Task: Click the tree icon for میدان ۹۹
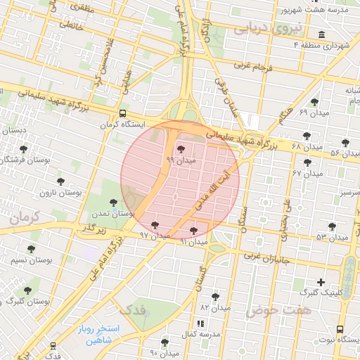tap(181, 149)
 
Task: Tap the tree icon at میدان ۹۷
tap(155, 226)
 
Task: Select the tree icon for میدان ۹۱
tap(194, 231)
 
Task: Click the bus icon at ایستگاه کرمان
tap(123, 113)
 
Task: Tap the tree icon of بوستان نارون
tap(60, 181)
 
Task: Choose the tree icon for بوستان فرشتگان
tap(25, 149)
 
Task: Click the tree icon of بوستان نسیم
tap(31, 249)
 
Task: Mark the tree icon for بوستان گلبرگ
tap(27, 290)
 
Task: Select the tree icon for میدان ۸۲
tap(214, 297)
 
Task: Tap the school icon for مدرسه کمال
tap(200, 323)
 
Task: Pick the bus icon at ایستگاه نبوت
tap(341, 328)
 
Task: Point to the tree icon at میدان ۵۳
tap(332, 226)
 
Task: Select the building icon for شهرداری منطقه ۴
tap(321, 35)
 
